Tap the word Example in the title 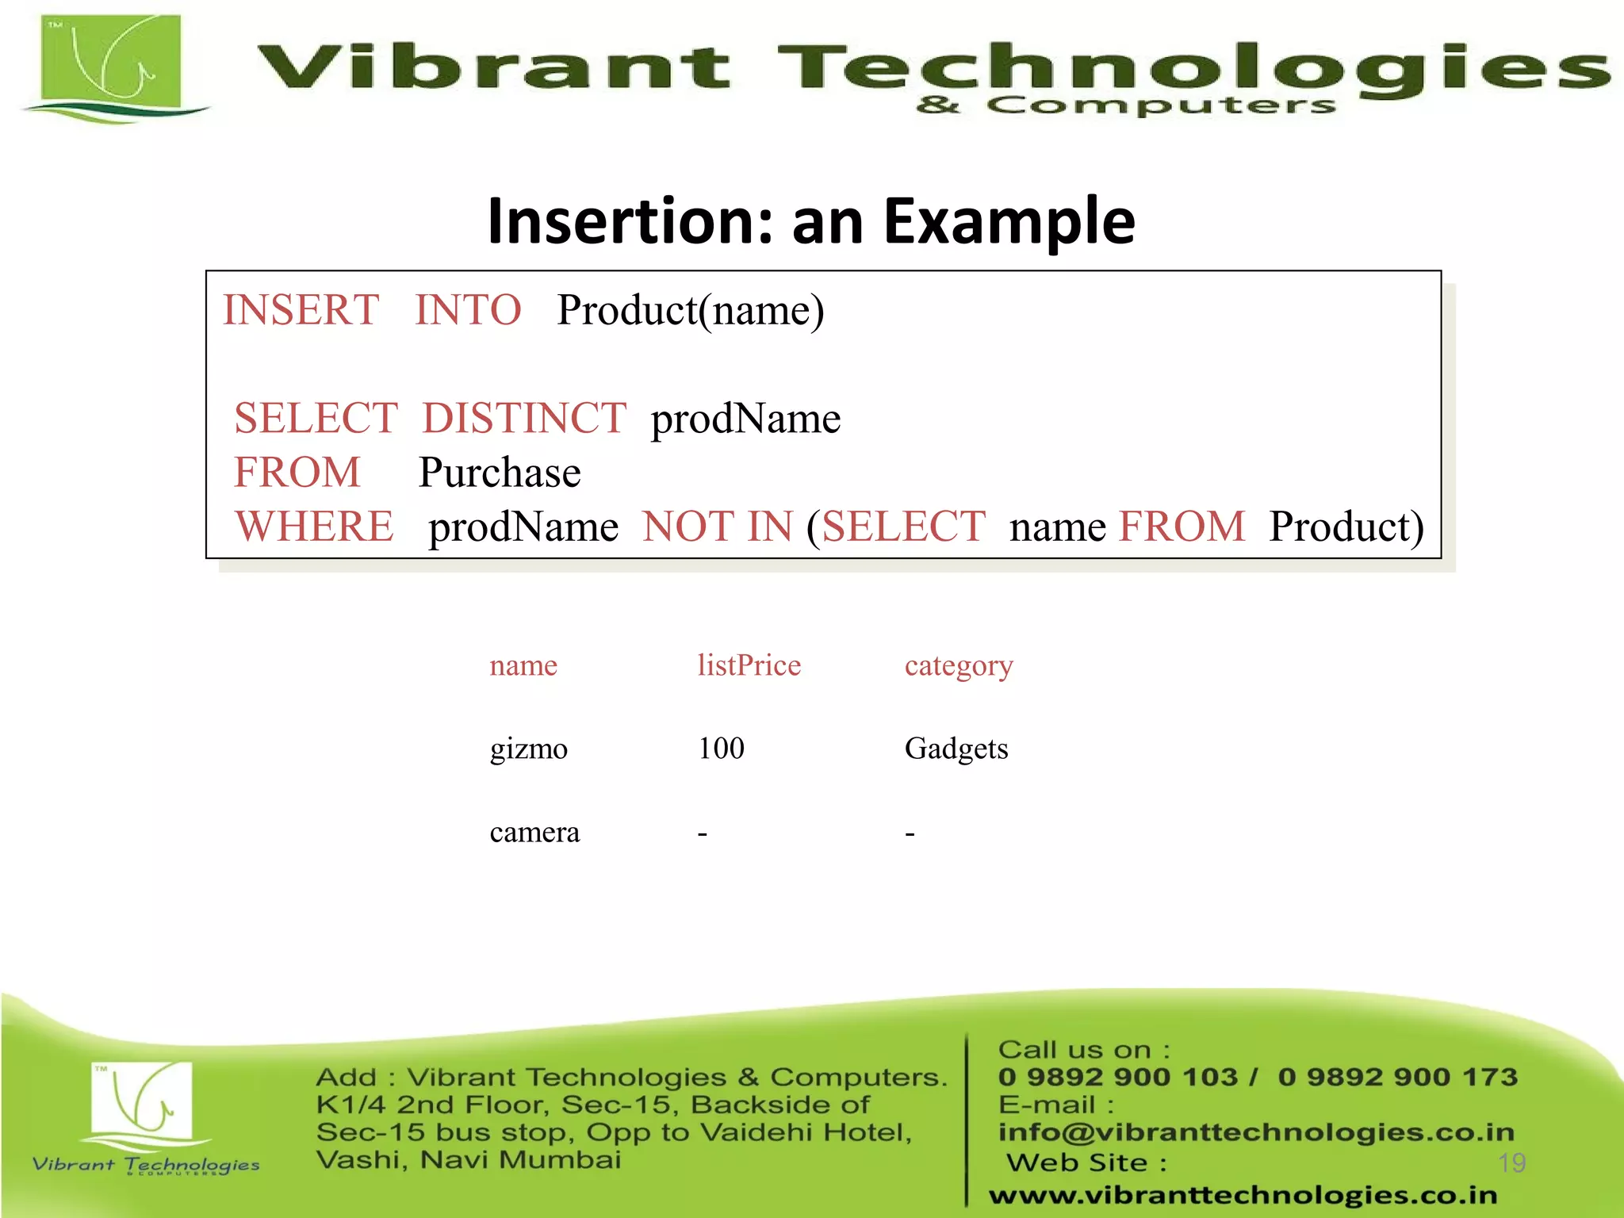pyautogui.click(x=1009, y=222)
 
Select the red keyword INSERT pyautogui.click(x=301, y=310)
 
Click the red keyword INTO pyautogui.click(x=468, y=310)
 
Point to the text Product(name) pyautogui.click(x=690, y=310)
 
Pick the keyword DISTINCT pyautogui.click(x=524, y=418)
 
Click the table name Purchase pyautogui.click(x=500, y=473)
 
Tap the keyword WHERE pyautogui.click(x=314, y=527)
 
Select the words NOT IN pyautogui.click(x=718, y=527)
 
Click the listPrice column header pyautogui.click(x=749, y=665)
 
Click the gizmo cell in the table pyautogui.click(x=528, y=749)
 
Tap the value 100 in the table pyautogui.click(x=721, y=749)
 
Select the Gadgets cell pyautogui.click(x=956, y=749)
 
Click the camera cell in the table pyautogui.click(x=534, y=833)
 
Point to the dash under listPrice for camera pyautogui.click(x=703, y=834)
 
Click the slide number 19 pyautogui.click(x=1511, y=1163)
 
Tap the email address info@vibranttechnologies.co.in pyautogui.click(x=1256, y=1132)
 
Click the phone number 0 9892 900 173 pyautogui.click(x=1397, y=1077)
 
